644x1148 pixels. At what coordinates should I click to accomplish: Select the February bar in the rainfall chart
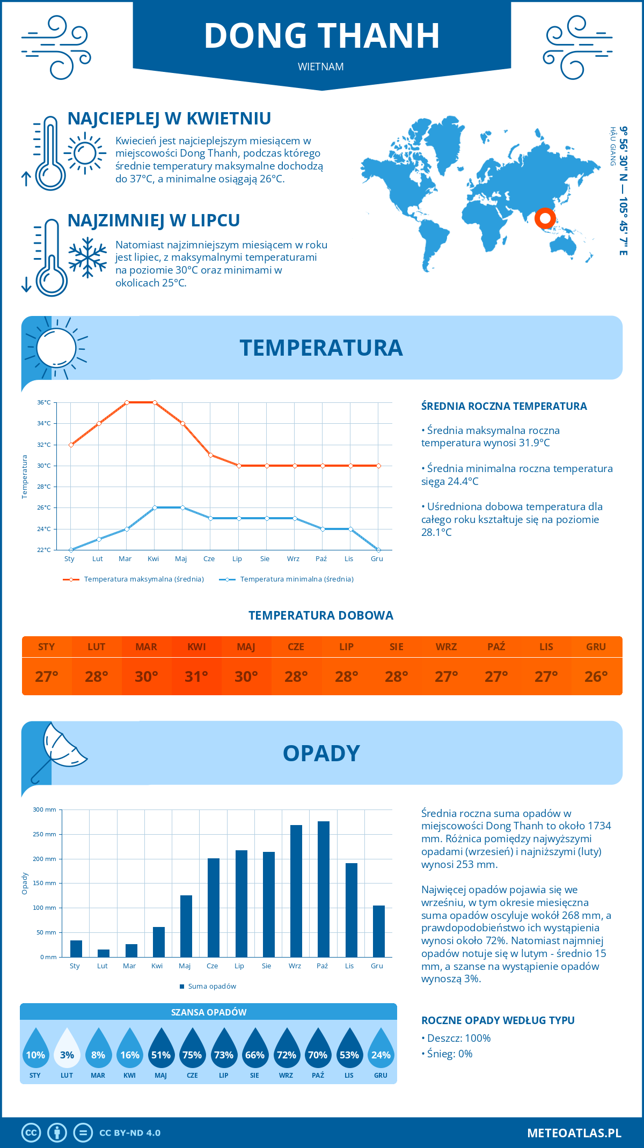[104, 953]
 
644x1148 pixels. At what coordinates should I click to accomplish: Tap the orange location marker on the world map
[545, 218]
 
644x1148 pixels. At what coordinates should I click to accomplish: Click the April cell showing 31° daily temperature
[196, 676]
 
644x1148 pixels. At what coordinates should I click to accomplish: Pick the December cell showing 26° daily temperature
[596, 676]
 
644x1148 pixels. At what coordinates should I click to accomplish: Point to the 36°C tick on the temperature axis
[44, 402]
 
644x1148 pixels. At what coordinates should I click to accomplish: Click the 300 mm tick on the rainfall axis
[45, 810]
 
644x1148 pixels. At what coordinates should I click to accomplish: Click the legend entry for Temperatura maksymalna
[134, 579]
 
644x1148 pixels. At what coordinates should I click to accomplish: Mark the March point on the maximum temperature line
[127, 402]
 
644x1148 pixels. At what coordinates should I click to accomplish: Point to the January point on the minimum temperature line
[71, 550]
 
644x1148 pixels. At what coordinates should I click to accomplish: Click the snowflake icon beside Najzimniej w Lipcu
[87, 257]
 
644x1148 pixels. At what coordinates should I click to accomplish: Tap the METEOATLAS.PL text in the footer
[574, 1133]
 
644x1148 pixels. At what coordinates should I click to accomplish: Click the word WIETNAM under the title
[321, 67]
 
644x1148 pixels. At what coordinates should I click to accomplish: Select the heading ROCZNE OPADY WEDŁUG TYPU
[497, 1020]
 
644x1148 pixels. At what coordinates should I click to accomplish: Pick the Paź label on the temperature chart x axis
[321, 559]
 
